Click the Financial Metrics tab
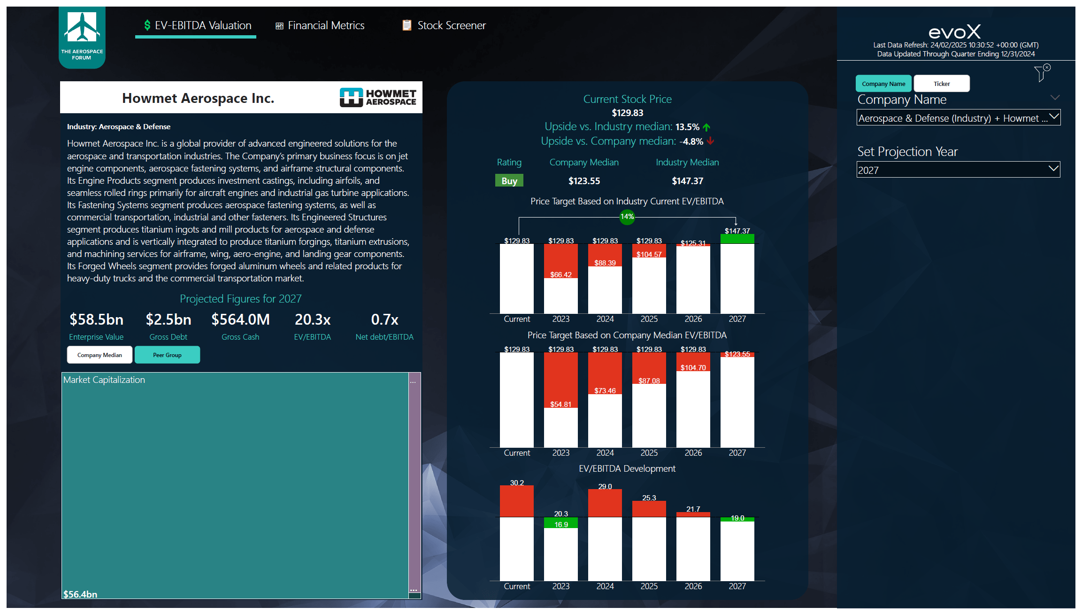320,25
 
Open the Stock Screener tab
444,25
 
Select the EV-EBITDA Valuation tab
197,25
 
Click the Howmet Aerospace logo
378,97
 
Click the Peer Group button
167,355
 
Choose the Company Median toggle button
100,355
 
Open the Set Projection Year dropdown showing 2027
958,170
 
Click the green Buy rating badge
509,181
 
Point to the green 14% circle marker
627,217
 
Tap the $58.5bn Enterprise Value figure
96,319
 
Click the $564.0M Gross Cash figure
240,319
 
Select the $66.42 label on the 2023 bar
560,275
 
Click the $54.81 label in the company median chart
560,405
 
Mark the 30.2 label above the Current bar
516,483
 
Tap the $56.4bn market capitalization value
80,594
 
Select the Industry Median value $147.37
687,181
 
